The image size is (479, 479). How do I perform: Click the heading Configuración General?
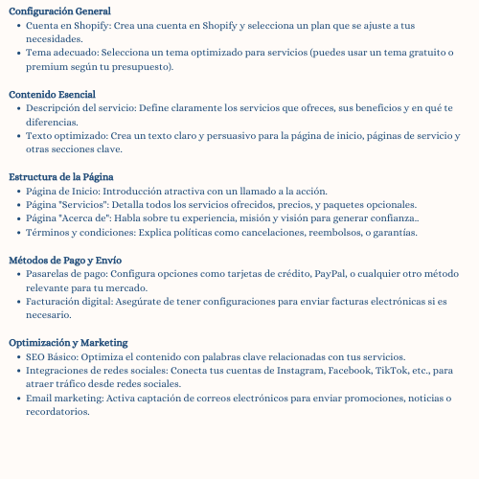point(59,11)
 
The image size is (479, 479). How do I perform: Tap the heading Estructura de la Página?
point(61,177)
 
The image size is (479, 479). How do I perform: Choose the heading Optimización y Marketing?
point(67,342)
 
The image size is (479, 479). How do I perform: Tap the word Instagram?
point(296,370)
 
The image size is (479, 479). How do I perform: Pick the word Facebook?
point(351,370)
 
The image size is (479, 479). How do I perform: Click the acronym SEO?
point(36,356)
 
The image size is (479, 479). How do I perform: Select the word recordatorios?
point(57,412)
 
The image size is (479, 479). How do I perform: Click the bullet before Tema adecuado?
point(20,54)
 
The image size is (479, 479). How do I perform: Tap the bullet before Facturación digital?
point(20,301)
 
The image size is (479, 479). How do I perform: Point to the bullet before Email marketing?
point(20,398)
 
